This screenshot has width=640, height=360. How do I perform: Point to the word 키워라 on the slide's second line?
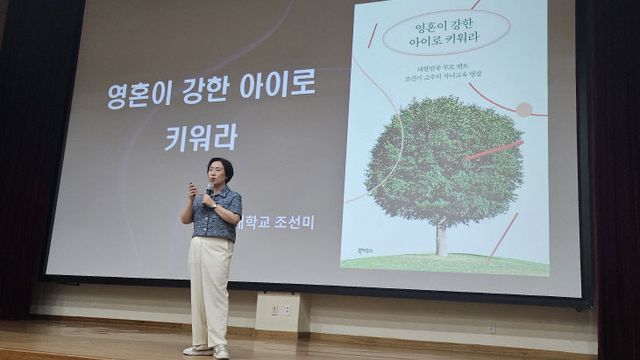click(x=200, y=137)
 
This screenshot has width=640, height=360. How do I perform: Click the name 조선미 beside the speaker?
click(x=294, y=222)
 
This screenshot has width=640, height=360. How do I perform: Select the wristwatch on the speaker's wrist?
click(x=215, y=206)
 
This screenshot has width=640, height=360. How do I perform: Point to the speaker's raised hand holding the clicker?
click(x=191, y=189)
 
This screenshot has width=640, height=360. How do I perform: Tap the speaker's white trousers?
click(x=209, y=290)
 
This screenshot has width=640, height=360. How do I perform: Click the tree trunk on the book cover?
click(x=440, y=239)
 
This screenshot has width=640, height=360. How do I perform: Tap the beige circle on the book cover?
click(x=524, y=109)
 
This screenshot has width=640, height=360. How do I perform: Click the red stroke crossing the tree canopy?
click(x=494, y=150)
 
